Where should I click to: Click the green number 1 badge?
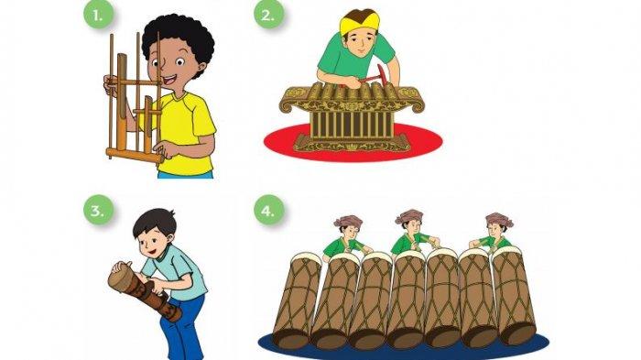(98, 16)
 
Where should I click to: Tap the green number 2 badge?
(268, 16)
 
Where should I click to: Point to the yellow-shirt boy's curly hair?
(179, 37)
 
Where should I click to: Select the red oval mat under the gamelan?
(430, 142)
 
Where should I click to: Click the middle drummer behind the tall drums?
(409, 234)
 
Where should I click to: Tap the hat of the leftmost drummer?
(347, 221)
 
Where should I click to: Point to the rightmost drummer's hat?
(498, 221)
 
